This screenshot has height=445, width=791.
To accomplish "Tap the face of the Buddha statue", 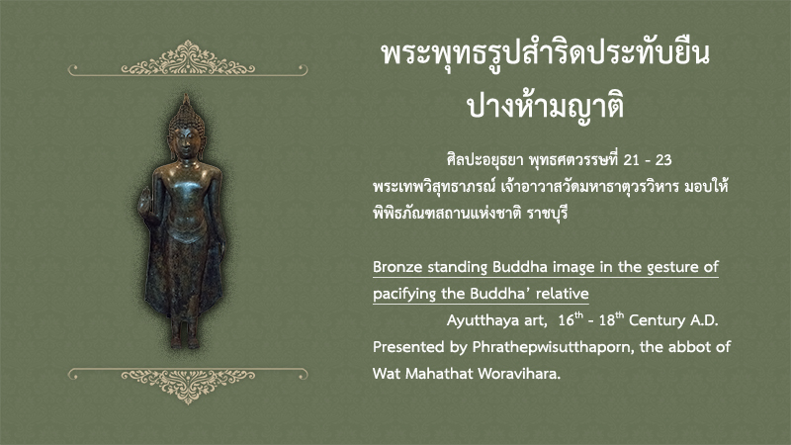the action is pyautogui.click(x=185, y=142).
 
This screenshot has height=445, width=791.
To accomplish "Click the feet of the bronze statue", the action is pyautogui.click(x=185, y=342).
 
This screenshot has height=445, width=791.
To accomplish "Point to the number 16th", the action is pyautogui.click(x=571, y=319).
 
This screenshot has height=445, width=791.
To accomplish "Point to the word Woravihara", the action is pyautogui.click(x=519, y=374).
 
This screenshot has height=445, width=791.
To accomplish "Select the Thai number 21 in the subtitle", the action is pyautogui.click(x=632, y=160).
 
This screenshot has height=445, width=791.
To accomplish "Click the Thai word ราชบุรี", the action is pyautogui.click(x=548, y=214).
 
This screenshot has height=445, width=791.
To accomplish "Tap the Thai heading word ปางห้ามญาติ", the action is pyautogui.click(x=546, y=106).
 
